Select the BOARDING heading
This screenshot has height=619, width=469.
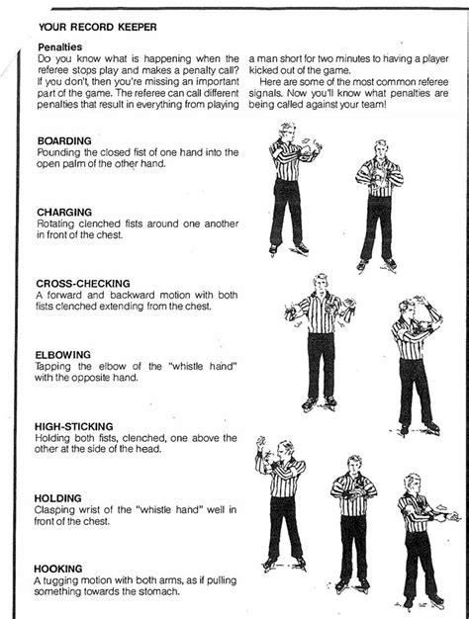(63, 141)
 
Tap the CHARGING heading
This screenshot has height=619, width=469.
(64, 212)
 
